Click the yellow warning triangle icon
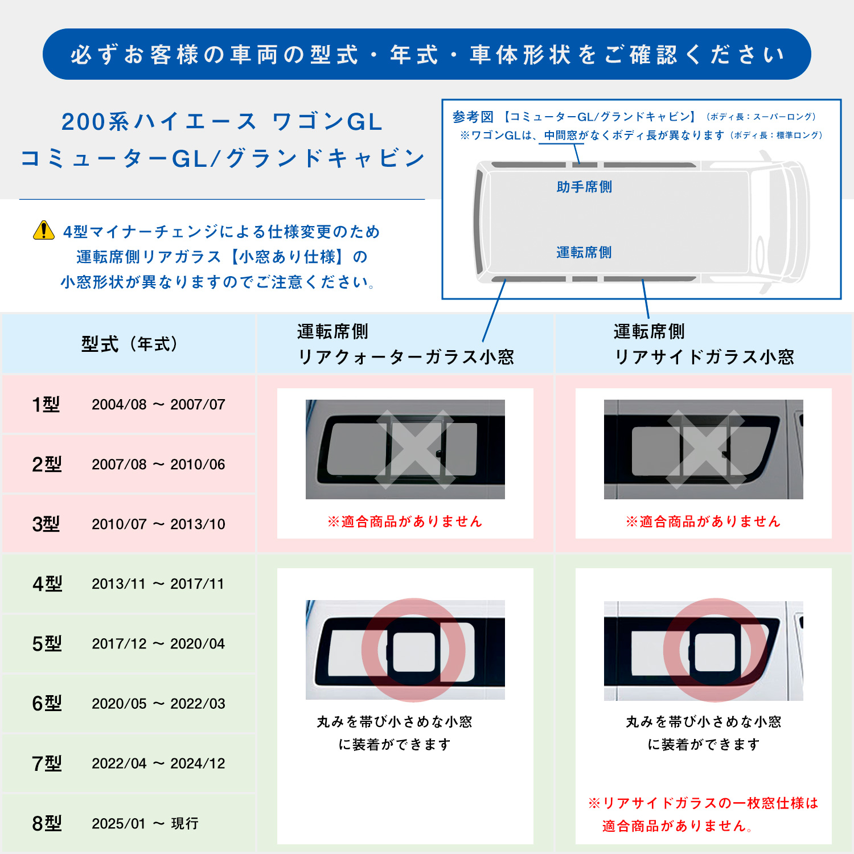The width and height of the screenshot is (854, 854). tap(44, 231)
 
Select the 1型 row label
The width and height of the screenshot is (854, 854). tap(46, 404)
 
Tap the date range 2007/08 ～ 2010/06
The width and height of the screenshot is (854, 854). tap(158, 465)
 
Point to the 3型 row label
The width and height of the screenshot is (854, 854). tap(46, 524)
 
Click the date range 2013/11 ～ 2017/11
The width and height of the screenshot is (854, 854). tap(158, 584)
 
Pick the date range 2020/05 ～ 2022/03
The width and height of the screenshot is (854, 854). tap(158, 704)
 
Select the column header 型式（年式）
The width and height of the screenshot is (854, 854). tap(129, 344)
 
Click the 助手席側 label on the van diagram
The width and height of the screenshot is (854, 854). tap(584, 187)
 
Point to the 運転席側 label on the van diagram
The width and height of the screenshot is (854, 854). tap(584, 252)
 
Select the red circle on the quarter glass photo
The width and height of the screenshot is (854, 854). tap(413, 650)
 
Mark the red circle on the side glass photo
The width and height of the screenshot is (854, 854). tap(715, 650)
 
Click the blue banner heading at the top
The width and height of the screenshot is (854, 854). tap(427, 55)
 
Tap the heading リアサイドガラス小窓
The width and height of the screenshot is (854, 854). tap(704, 357)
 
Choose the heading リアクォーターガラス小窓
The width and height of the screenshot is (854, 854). tap(406, 357)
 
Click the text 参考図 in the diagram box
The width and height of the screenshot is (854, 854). tap(473, 117)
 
